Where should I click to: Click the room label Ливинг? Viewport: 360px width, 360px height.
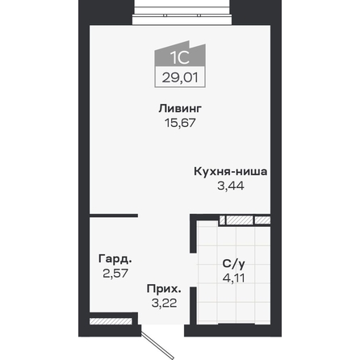point(180,109)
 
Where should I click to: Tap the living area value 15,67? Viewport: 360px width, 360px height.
point(180,123)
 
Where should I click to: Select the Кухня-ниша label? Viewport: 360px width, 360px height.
point(231,172)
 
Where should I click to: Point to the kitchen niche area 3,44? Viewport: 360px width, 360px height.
point(231,186)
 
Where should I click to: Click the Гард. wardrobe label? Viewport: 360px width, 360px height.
point(115,259)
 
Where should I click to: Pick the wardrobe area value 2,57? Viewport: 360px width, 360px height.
point(115,274)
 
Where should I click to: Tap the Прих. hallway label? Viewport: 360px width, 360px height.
point(164,289)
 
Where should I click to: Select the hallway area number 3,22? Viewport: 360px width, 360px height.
point(164,303)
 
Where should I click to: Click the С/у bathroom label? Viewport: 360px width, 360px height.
point(234,264)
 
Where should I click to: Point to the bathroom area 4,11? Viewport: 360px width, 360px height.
point(234,278)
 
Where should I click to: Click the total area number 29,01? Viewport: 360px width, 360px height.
point(180,77)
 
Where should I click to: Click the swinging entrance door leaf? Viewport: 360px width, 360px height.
point(157,345)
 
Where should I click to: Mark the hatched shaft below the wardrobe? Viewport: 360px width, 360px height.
point(111,321)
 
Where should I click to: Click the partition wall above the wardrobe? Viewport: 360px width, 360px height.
point(114,216)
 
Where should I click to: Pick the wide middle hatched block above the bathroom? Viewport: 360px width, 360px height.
point(240,220)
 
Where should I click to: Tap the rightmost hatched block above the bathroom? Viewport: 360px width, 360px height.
point(262,220)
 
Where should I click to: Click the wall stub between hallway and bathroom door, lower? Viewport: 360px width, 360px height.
point(193,306)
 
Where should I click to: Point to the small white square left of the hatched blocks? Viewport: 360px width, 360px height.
point(222,220)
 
